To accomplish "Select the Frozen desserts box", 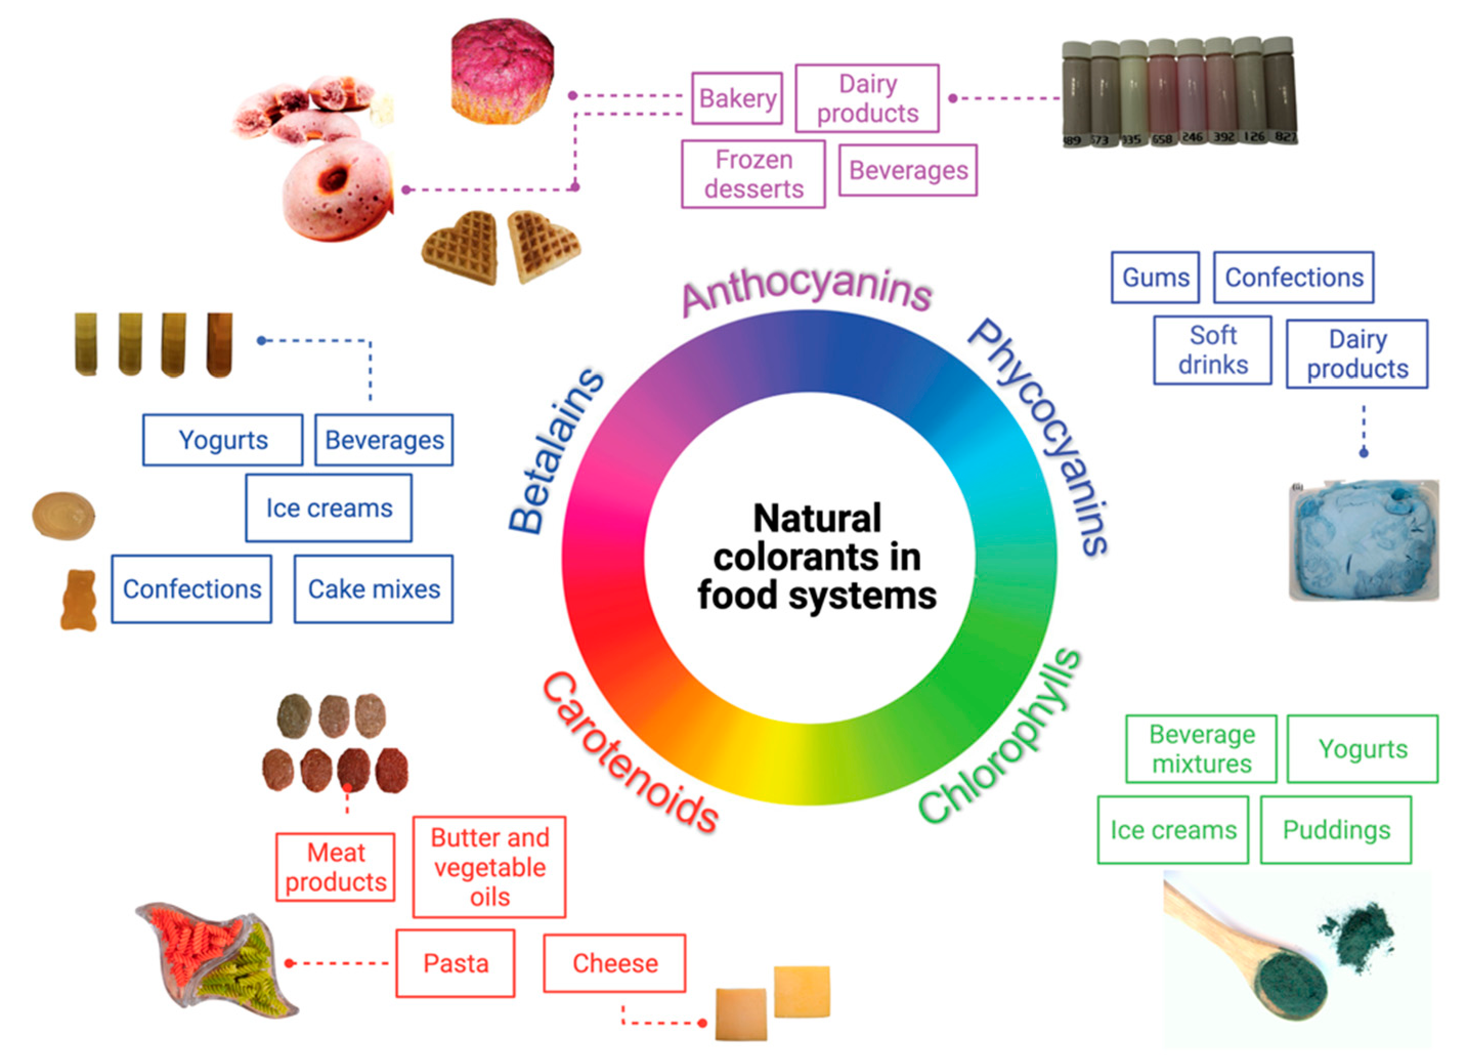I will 753,174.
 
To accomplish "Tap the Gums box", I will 1155,277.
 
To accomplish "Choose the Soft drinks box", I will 1212,350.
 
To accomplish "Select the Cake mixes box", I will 373,589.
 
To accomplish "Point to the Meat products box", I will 335,866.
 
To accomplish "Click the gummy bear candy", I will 78,600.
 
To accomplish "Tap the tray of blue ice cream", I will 1364,540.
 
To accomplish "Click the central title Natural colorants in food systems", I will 816,557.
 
